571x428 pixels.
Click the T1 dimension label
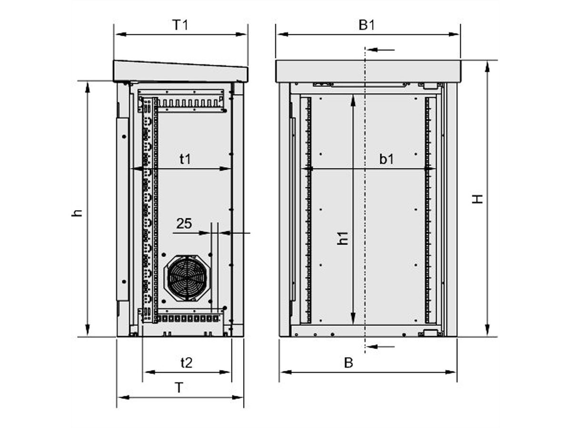(x=180, y=25)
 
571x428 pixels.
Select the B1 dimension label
(x=366, y=25)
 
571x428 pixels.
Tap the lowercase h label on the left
(x=77, y=213)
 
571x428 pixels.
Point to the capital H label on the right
(x=477, y=199)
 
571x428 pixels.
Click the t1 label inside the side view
(x=185, y=159)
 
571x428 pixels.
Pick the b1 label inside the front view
(x=386, y=159)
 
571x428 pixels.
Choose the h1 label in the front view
(x=343, y=238)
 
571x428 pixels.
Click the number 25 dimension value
(x=184, y=224)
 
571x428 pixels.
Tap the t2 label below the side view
(x=187, y=363)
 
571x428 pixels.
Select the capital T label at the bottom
(x=179, y=388)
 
